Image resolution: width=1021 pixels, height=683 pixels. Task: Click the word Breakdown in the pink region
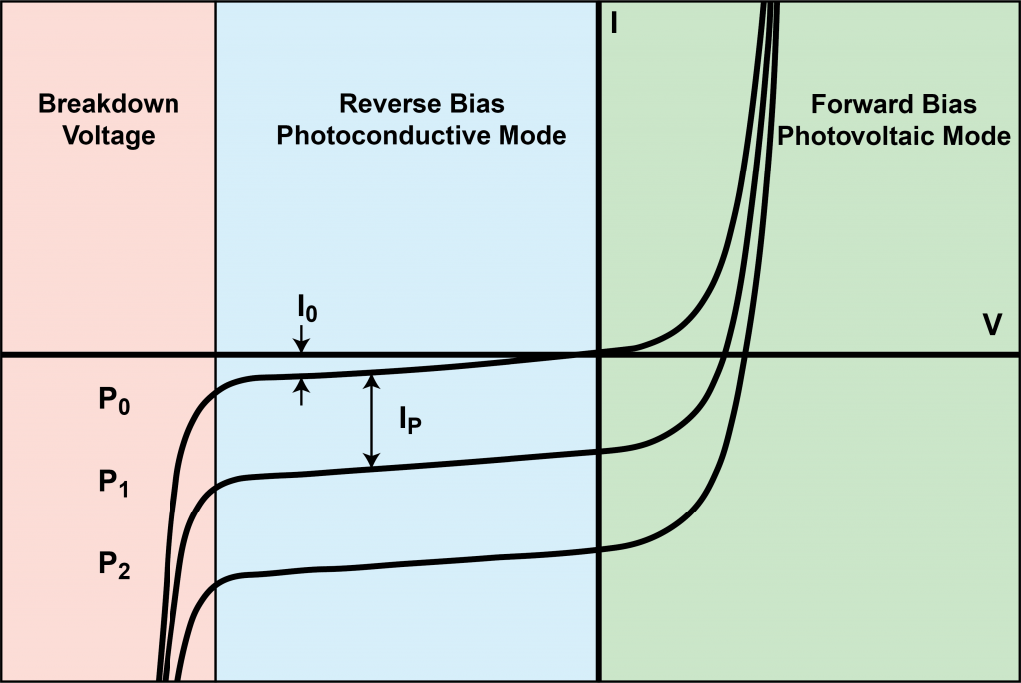click(108, 104)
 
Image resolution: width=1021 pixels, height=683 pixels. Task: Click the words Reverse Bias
click(422, 104)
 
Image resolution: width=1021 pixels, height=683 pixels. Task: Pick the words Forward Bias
click(893, 104)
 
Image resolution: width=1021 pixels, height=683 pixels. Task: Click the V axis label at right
click(993, 325)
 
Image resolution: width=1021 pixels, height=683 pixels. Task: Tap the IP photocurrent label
click(409, 422)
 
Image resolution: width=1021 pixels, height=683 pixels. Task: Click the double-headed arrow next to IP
click(371, 420)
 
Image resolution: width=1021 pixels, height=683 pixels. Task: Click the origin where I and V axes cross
click(598, 354)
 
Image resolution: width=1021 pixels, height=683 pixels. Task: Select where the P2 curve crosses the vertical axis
click(598, 549)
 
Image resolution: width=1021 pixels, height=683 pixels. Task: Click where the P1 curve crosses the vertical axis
click(598, 451)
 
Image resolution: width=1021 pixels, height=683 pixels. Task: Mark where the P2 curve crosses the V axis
click(745, 354)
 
